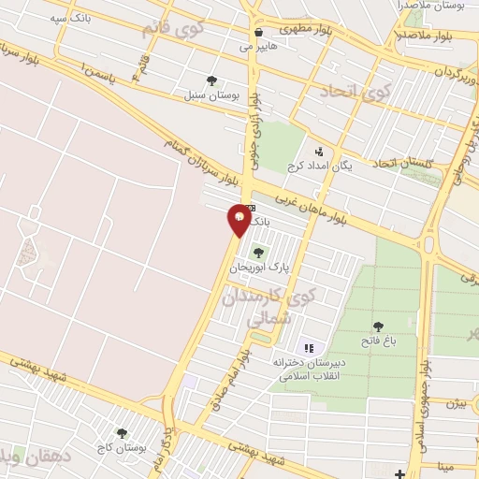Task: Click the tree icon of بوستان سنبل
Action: pos(211,80)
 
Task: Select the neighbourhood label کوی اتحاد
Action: pos(355,91)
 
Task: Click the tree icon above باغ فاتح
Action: pos(378,327)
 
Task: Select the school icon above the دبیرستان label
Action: pos(308,348)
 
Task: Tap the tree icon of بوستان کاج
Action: pos(122,433)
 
